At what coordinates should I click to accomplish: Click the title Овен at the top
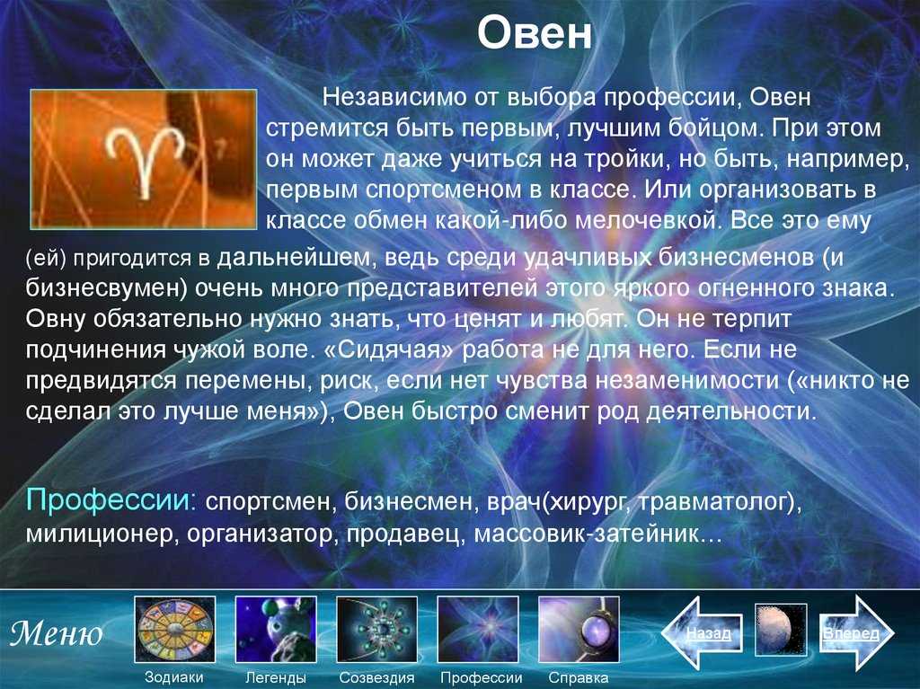click(x=534, y=33)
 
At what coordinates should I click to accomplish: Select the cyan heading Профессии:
click(x=111, y=500)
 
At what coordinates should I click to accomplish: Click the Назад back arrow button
click(x=702, y=632)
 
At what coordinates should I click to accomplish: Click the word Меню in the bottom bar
click(x=57, y=633)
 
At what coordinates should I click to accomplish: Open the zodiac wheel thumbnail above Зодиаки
click(x=175, y=629)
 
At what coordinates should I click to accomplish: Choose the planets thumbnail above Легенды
click(x=276, y=629)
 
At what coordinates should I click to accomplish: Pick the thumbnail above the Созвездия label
click(x=376, y=629)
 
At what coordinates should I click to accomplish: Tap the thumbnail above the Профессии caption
click(x=478, y=629)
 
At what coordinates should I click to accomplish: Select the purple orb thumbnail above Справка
click(x=579, y=629)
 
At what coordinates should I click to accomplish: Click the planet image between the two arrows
click(x=781, y=629)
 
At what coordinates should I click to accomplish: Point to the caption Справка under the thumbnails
click(x=578, y=678)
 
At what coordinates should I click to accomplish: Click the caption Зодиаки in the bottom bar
click(x=174, y=677)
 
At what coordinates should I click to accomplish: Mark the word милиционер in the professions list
click(x=102, y=534)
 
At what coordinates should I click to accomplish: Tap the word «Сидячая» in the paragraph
click(x=389, y=349)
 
